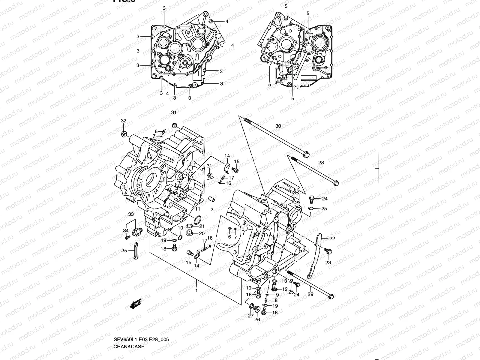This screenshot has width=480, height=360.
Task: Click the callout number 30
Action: pyautogui.click(x=278, y=126)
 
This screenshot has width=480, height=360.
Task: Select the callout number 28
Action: pyautogui.click(x=321, y=163)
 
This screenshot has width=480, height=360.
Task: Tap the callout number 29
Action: pyautogui.click(x=310, y=294)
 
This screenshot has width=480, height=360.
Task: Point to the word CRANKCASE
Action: pyautogui.click(x=129, y=347)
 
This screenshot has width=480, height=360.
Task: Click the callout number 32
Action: pyautogui.click(x=124, y=121)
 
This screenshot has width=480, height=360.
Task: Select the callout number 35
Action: pyautogui.click(x=124, y=251)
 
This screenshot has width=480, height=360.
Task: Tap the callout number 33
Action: pyautogui.click(x=130, y=214)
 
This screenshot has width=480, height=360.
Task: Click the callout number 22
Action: pyautogui.click(x=332, y=239)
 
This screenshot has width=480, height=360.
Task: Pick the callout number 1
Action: pyautogui.click(x=196, y=290)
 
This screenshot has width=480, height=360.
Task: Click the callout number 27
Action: pyautogui.click(x=250, y=315)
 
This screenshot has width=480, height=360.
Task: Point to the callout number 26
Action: pyautogui.click(x=257, y=319)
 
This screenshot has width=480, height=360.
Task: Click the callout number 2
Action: pyautogui.click(x=211, y=209)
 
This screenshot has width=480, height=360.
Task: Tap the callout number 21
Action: pyautogui.click(x=202, y=226)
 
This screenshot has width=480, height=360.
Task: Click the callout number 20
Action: pyautogui.click(x=202, y=233)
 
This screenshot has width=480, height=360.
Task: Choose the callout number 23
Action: pyautogui.click(x=328, y=262)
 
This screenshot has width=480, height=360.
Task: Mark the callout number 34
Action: pyautogui.click(x=126, y=230)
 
